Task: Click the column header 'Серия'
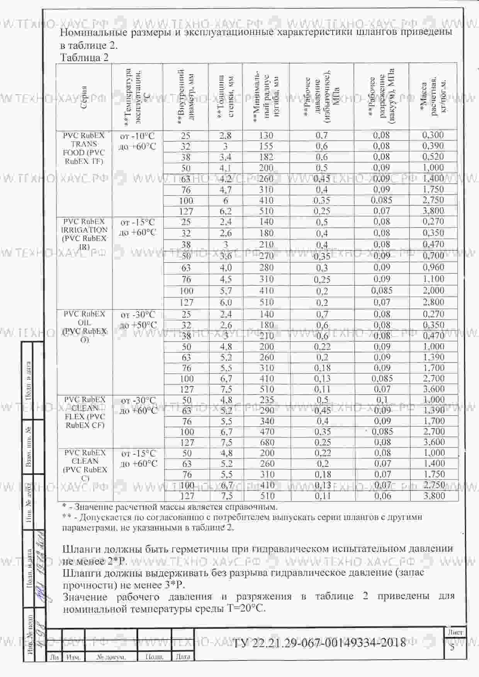pos(84,97)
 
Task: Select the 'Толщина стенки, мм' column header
pos(225,97)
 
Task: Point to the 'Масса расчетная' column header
pos(433,97)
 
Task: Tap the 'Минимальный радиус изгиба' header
pos(266,97)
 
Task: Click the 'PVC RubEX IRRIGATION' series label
pos(84,234)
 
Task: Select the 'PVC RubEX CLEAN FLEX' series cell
pos(85,412)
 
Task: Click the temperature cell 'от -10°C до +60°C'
pos(138,141)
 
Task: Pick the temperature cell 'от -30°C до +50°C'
pos(138,320)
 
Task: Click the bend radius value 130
pos(266,136)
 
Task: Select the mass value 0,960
pos(433,267)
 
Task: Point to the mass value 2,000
pos(433,291)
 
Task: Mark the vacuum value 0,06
pos(382,496)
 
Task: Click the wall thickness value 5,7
pos(226,291)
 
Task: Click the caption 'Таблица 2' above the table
pos(84,58)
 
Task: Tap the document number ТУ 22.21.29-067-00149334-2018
pos(319,642)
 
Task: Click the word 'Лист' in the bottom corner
pos(456,633)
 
